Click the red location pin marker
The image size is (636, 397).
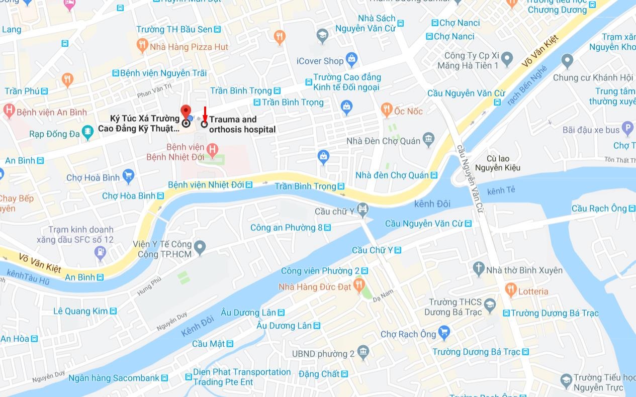point(186,112)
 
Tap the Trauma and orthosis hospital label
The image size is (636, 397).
point(242,125)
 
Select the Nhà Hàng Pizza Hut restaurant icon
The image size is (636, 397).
point(142,47)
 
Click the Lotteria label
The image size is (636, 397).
point(533,291)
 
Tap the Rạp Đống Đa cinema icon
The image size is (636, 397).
point(88,133)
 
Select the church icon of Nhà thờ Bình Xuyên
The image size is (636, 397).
point(479,269)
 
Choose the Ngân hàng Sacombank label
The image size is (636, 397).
point(114,378)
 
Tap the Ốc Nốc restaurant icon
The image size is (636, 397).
point(386,110)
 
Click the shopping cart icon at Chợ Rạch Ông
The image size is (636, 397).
point(443,333)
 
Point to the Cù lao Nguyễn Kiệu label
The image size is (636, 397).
point(503,163)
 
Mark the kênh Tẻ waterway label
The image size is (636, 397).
point(501,190)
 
